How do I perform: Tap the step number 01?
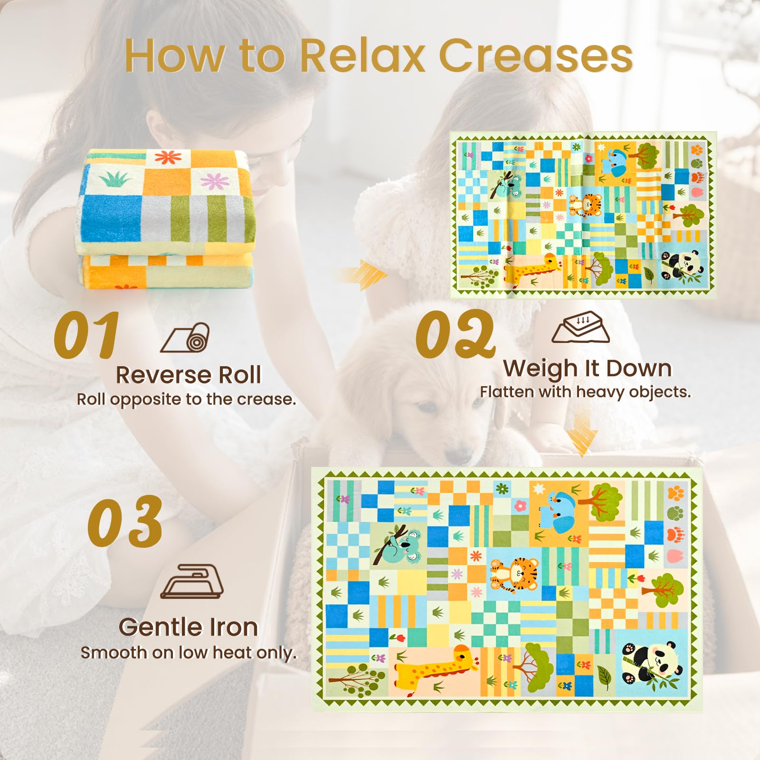pyautogui.click(x=86, y=335)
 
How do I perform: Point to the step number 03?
pyautogui.click(x=125, y=521)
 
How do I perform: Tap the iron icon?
pyautogui.click(x=191, y=581)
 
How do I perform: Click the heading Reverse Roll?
pyautogui.click(x=189, y=375)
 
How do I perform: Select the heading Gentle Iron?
pyautogui.click(x=189, y=627)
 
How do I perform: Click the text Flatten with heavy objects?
pyautogui.click(x=585, y=392)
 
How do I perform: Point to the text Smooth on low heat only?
pyautogui.click(x=189, y=653)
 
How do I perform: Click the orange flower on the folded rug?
pyautogui.click(x=165, y=157)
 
